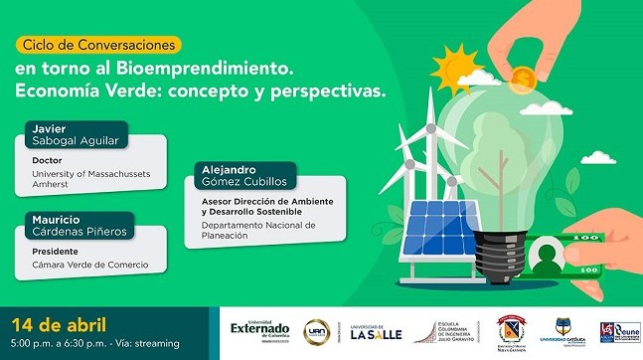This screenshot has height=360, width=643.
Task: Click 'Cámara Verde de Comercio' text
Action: (x=89, y=265)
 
